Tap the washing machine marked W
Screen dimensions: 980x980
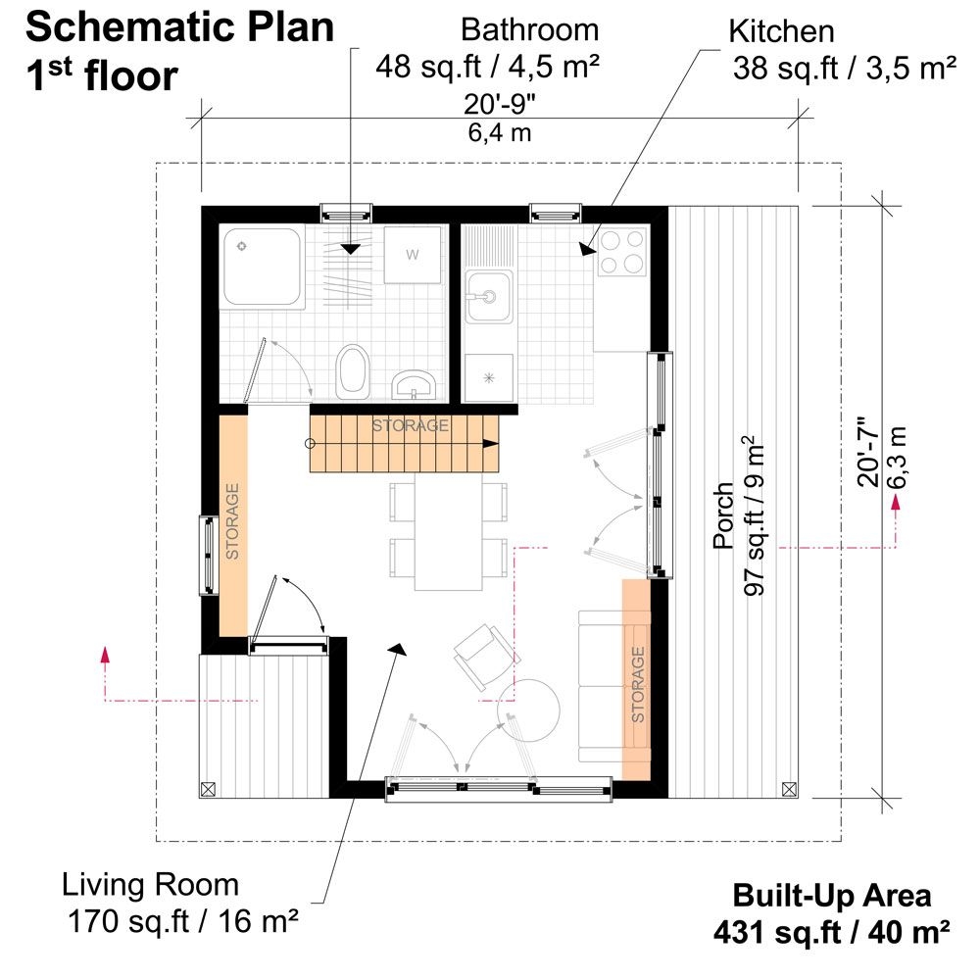(412, 255)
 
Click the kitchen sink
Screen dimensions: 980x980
(487, 296)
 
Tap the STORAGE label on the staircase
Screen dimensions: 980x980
(410, 425)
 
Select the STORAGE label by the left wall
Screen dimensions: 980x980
(233, 520)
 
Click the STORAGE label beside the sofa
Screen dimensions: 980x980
(637, 684)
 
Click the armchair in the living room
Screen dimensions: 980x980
(481, 651)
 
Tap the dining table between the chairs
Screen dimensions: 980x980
(448, 532)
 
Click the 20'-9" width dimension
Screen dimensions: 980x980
(501, 105)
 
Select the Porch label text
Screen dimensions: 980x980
(724, 515)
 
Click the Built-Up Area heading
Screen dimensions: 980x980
(832, 895)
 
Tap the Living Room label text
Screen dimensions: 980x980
(151, 885)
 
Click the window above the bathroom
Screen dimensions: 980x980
(348, 212)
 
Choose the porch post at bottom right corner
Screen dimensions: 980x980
(790, 788)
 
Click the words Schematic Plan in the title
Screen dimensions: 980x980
(179, 27)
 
